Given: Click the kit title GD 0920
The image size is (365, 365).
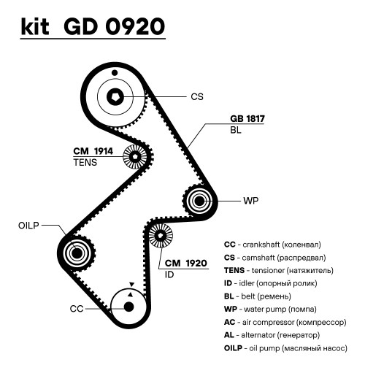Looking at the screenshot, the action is [115, 26].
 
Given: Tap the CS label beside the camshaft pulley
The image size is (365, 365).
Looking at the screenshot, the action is [197, 97].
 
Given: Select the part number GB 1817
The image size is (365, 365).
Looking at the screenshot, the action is [247, 119].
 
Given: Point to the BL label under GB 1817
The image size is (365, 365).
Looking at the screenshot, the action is [236, 130].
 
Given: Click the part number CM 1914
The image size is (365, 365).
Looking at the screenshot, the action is [93, 151].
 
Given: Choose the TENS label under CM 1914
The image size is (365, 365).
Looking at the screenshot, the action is [85, 162].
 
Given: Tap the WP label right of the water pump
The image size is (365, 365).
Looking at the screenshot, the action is [251, 201].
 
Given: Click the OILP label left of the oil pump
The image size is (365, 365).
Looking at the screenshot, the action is [28, 226].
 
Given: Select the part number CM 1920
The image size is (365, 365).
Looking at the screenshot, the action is [186, 263].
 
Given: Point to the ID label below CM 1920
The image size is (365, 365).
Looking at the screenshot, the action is [169, 274].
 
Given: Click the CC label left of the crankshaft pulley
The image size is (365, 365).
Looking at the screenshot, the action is [77, 309].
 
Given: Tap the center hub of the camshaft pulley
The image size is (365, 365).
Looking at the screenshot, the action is [115, 97].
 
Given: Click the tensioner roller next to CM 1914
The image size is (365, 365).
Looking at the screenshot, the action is [135, 156].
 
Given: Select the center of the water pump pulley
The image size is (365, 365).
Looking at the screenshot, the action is [199, 201].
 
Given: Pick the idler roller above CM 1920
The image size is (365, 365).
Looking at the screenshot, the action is [161, 235].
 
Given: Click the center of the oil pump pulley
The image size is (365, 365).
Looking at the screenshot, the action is [77, 253].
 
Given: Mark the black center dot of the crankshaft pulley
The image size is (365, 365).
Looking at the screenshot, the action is [129, 307].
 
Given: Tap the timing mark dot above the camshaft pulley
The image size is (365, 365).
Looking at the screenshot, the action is [115, 72].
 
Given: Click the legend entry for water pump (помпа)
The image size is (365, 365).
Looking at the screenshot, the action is [270, 310].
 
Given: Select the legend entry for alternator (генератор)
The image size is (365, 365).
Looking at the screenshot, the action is [272, 335].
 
